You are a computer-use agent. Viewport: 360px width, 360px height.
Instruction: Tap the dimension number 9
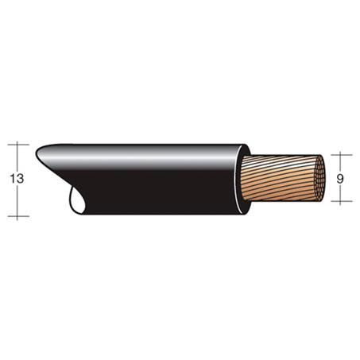(339, 179)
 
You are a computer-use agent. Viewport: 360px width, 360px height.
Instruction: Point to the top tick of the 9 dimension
(340, 154)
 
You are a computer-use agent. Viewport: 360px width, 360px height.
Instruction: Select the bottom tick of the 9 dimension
(340, 204)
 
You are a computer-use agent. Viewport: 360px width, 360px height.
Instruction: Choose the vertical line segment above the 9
(340, 162)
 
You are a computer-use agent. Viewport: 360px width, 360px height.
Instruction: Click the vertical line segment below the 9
(340, 195)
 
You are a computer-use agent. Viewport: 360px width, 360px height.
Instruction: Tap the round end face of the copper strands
(316, 179)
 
